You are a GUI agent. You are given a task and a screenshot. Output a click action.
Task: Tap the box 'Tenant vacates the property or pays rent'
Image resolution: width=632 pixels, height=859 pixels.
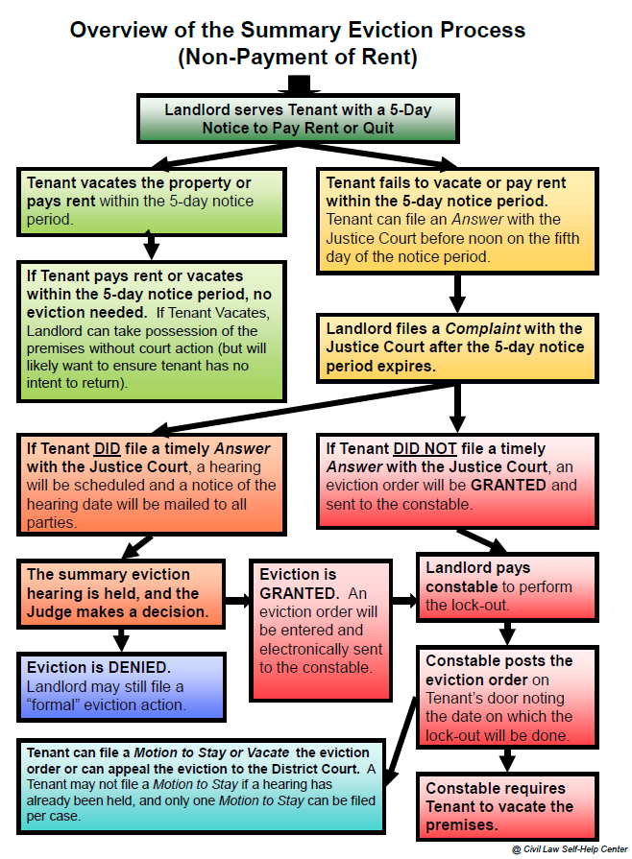click(152, 201)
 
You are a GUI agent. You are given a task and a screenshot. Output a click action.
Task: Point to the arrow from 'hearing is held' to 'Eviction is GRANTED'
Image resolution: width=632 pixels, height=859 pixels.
click(235, 601)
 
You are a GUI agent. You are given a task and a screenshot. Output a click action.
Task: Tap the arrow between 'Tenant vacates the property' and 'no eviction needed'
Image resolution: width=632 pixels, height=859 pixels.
click(151, 247)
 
